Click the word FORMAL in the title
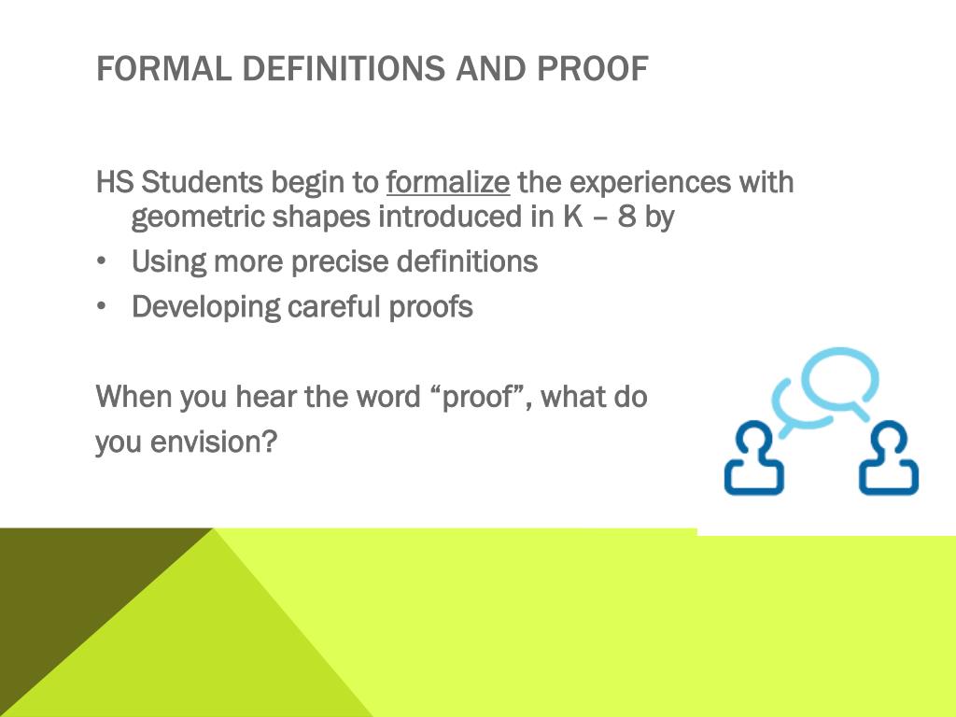click(164, 68)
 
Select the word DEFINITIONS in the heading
click(344, 68)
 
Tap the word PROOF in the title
click(592, 68)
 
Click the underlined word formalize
click(448, 182)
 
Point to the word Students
click(202, 182)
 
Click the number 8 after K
click(626, 217)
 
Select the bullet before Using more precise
click(101, 261)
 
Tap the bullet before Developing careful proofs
click(101, 306)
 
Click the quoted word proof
click(477, 397)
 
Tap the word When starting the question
click(134, 397)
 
